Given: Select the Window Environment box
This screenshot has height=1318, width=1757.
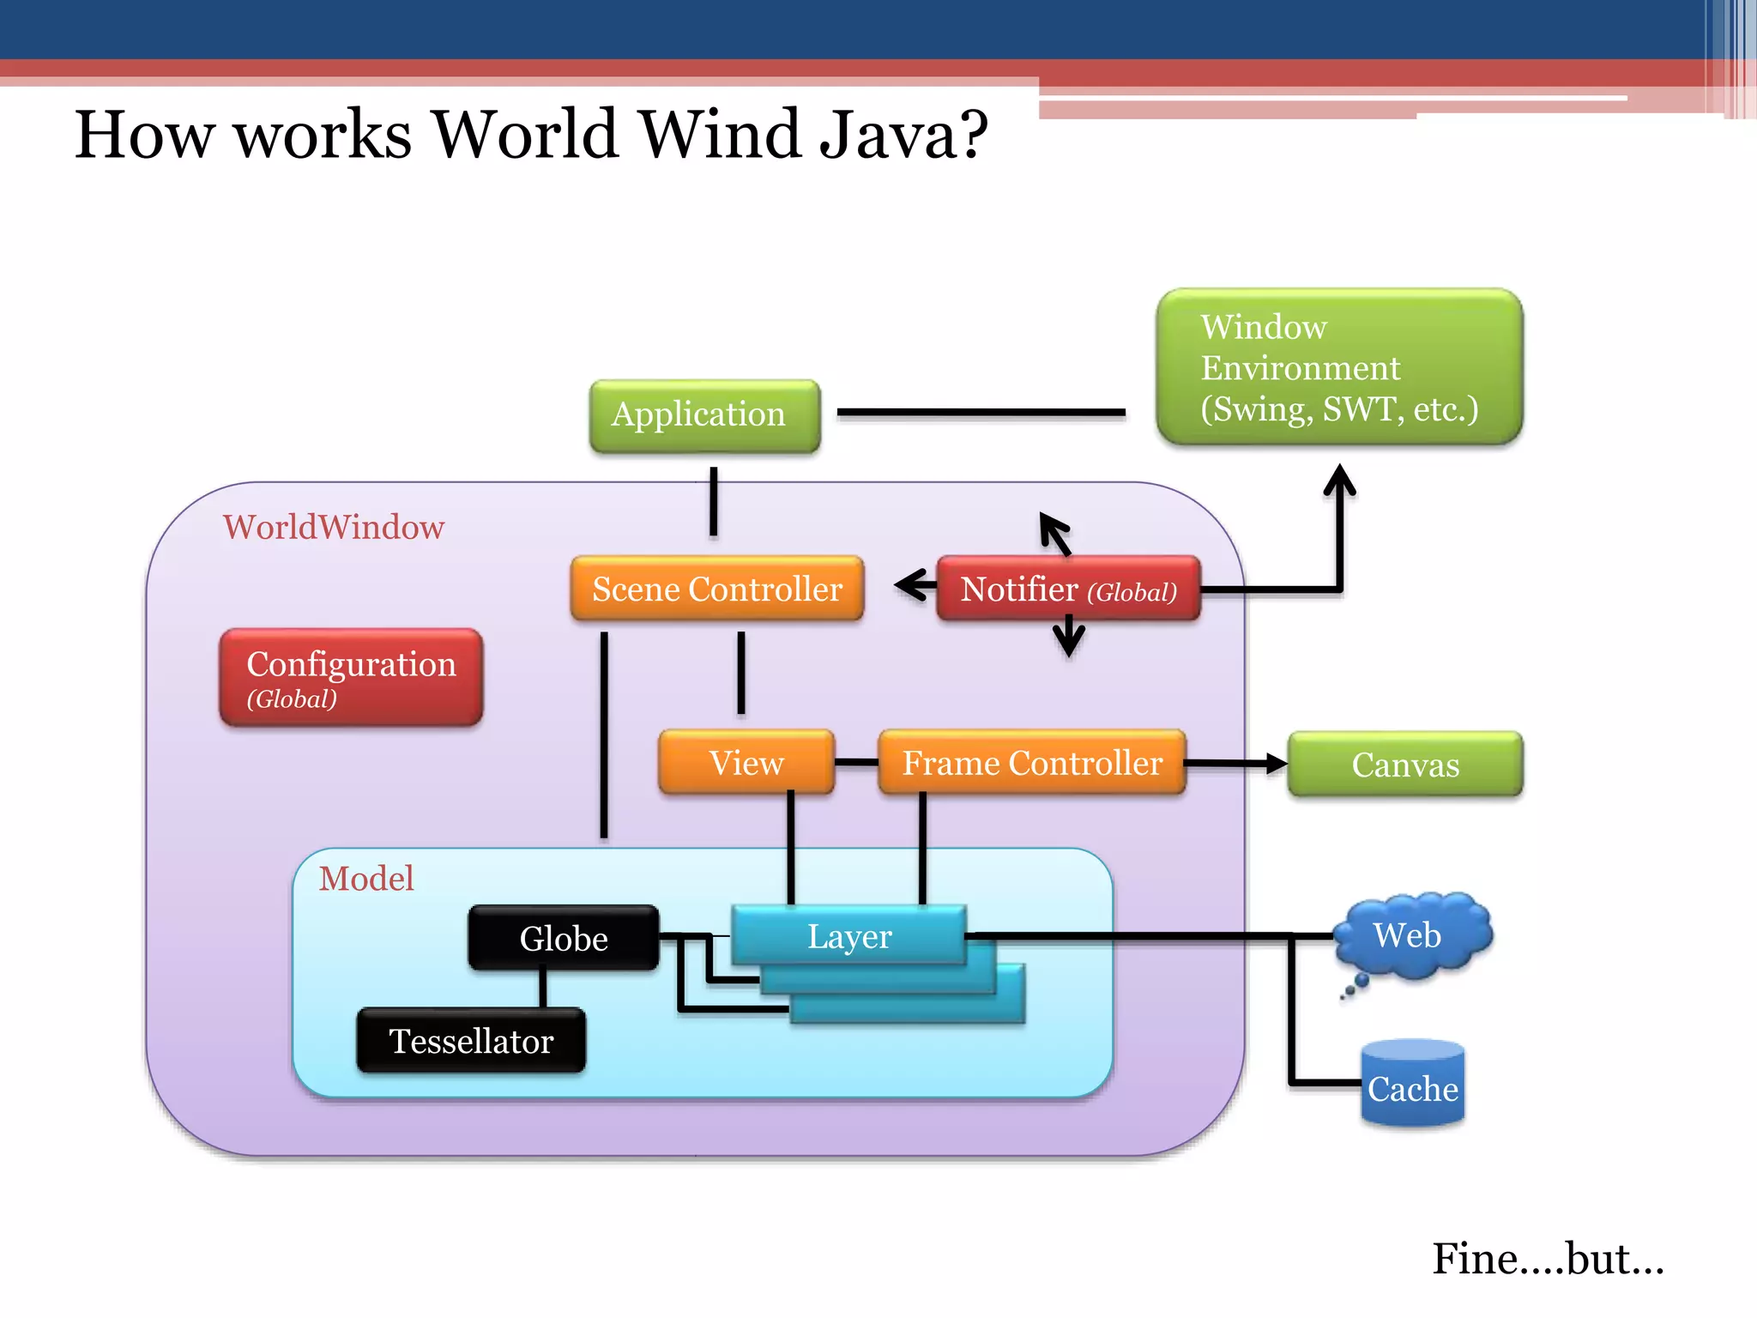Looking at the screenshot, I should [1338, 367].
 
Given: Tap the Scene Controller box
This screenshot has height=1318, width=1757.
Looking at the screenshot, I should [717, 589].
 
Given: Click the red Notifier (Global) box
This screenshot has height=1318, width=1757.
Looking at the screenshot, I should [1068, 589].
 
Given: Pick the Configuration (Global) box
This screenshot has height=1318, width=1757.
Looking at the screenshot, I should [351, 678].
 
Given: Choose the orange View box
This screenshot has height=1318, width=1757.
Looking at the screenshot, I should [746, 762].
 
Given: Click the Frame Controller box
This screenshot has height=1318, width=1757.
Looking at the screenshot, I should [1032, 762].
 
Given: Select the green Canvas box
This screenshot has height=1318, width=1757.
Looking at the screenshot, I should [1404, 764].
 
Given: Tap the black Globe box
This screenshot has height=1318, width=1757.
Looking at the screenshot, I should [564, 938].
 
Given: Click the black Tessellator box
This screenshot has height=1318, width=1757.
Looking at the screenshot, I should [471, 1041].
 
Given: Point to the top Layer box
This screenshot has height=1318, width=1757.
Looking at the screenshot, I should [848, 935].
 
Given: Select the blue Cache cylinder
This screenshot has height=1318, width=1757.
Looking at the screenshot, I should [1412, 1085].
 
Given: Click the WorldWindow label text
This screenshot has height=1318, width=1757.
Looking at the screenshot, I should [334, 527].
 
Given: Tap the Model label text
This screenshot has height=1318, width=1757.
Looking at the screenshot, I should [366, 878].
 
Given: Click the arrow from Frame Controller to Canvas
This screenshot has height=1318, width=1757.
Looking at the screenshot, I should [1235, 763].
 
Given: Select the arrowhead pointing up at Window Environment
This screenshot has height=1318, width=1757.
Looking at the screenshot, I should [1339, 481].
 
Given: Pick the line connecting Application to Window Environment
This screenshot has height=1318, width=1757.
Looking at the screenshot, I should [981, 413].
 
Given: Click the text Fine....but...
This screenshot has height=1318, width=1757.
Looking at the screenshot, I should [1547, 1259].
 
